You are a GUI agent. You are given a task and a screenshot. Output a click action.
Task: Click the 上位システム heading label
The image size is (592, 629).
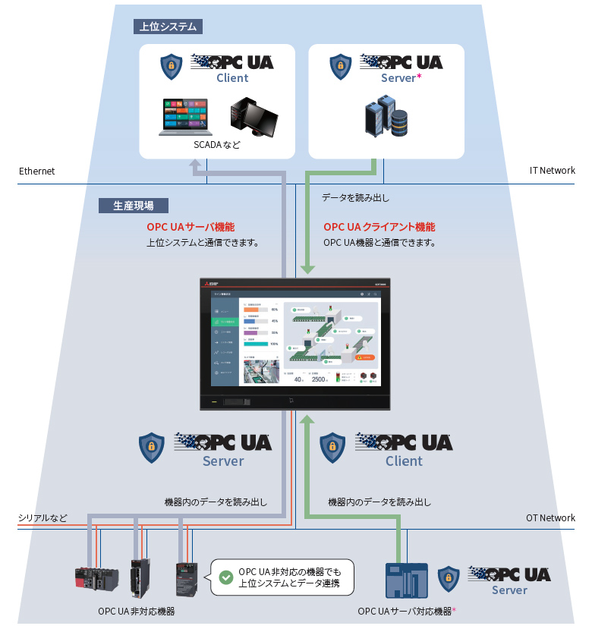[168, 27]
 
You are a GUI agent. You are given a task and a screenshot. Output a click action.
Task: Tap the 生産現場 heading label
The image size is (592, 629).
[134, 206]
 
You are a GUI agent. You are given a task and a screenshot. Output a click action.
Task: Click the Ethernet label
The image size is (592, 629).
[37, 171]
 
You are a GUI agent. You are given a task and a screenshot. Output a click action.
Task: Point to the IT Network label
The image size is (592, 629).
[552, 171]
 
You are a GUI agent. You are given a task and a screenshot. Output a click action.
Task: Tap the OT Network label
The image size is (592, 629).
[550, 518]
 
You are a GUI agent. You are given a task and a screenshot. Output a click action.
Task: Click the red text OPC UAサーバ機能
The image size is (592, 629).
[191, 227]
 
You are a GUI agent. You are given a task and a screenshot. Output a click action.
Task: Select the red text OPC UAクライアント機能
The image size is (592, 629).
[379, 227]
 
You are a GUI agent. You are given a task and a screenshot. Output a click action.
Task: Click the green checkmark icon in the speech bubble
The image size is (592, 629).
[225, 577]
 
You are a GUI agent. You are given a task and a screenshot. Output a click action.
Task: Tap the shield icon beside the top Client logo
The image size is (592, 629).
[172, 68]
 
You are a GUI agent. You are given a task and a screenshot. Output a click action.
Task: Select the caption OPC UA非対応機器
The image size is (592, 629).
[137, 612]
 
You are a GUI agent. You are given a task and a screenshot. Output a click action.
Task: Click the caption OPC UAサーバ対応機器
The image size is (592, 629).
[406, 612]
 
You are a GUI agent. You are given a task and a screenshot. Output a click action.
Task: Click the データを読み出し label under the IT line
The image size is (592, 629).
[355, 198]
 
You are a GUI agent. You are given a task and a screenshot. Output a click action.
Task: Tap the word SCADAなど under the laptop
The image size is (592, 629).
[216, 144]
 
